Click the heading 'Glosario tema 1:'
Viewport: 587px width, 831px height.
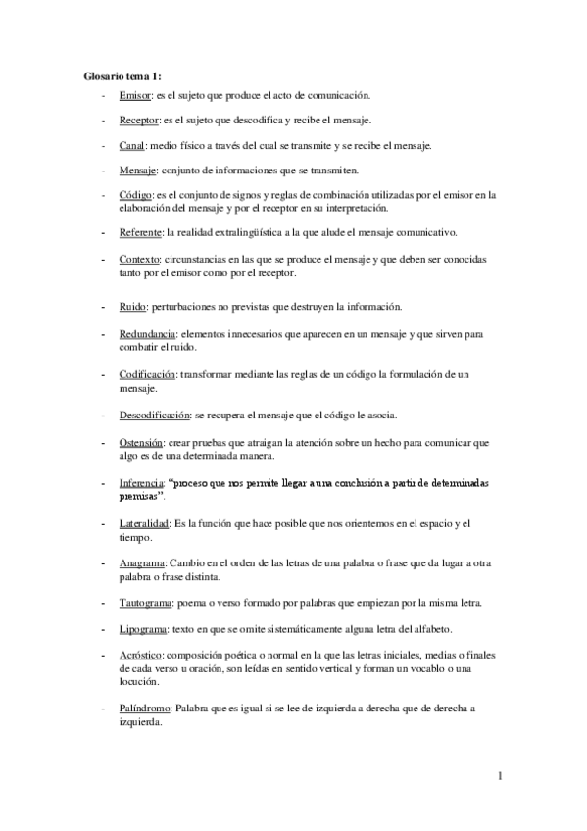(122, 75)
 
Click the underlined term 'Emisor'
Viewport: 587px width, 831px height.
(134, 96)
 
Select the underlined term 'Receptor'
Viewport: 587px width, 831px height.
(138, 121)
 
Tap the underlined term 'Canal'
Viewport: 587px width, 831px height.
(131, 145)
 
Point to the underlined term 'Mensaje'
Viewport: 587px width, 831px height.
(137, 170)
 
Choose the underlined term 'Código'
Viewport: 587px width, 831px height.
(135, 195)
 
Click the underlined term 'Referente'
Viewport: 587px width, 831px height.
(140, 232)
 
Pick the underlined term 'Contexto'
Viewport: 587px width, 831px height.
(139, 258)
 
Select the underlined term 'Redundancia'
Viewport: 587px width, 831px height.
(146, 334)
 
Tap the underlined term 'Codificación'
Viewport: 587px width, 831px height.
(147, 375)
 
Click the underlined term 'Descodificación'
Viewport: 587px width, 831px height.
(155, 415)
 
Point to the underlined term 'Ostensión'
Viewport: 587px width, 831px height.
(141, 443)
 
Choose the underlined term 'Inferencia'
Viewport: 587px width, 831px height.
(142, 484)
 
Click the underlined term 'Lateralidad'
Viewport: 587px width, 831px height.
(143, 524)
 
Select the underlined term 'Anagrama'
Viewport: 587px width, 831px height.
(142, 564)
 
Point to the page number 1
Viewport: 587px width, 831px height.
(500, 778)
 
